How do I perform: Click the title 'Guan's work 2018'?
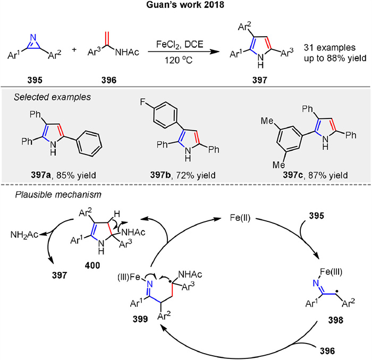185,7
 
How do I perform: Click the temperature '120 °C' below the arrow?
176,59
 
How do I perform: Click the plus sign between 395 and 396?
74,50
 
